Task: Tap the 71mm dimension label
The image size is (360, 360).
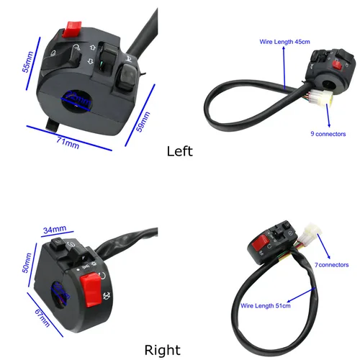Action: tap(68, 141)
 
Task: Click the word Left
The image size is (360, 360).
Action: tap(179, 151)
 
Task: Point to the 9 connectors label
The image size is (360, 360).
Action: tap(330, 133)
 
